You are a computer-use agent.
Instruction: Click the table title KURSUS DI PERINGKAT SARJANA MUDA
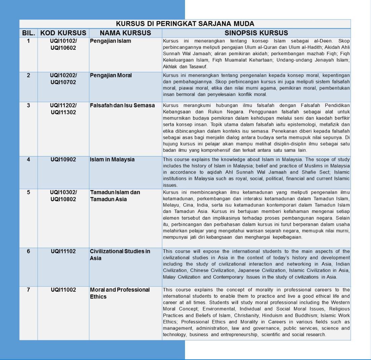(x=185, y=24)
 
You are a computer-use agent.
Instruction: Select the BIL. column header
(x=28, y=33)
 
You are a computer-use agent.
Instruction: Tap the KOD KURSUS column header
(x=63, y=33)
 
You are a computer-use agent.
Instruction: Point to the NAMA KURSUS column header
(x=125, y=33)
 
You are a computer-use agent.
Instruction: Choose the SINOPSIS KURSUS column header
(x=256, y=33)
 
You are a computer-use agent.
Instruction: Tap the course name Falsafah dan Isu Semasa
(x=122, y=105)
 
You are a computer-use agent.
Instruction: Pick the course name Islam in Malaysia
(x=112, y=159)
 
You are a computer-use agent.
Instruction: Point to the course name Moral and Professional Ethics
(x=120, y=293)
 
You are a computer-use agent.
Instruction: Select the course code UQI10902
(x=63, y=159)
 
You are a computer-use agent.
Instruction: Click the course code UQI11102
(x=63, y=252)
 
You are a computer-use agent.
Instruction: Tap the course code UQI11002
(x=63, y=290)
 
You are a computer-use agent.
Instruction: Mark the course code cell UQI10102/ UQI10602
(x=63, y=45)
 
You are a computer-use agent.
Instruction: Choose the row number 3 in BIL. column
(x=28, y=105)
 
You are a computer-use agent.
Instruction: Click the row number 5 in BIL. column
(x=28, y=192)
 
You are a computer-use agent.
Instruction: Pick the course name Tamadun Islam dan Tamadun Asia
(x=114, y=195)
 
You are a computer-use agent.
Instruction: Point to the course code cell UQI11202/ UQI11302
(x=63, y=109)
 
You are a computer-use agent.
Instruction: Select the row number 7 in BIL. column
(x=28, y=290)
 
